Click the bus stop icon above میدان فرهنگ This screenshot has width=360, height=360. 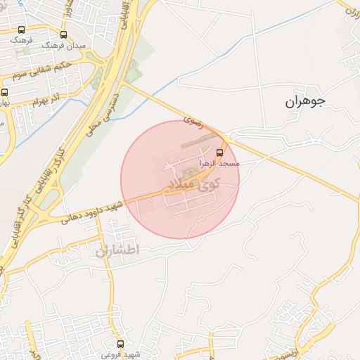pyautogui.click(x=63, y=34)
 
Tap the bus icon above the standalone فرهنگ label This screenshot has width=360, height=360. pyautogui.click(x=21, y=30)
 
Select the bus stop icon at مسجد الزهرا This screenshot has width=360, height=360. pyautogui.click(x=220, y=152)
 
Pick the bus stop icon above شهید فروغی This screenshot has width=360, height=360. pyautogui.click(x=120, y=344)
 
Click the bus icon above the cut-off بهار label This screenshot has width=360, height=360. pyautogui.click(x=5, y=92)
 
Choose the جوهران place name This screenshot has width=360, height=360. pyautogui.click(x=305, y=101)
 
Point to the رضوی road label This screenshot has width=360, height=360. pyautogui.click(x=193, y=120)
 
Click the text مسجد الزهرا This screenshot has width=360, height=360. pyautogui.click(x=220, y=163)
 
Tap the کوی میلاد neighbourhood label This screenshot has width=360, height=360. pyautogui.click(x=191, y=184)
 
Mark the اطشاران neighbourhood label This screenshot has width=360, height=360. pyautogui.click(x=117, y=249)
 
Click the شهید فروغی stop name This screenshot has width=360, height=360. pyautogui.click(x=120, y=354)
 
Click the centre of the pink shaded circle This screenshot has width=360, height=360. pyautogui.click(x=180, y=180)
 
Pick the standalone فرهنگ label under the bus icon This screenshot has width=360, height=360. pyautogui.click(x=20, y=41)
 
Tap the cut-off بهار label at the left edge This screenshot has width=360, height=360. pyautogui.click(x=5, y=103)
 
